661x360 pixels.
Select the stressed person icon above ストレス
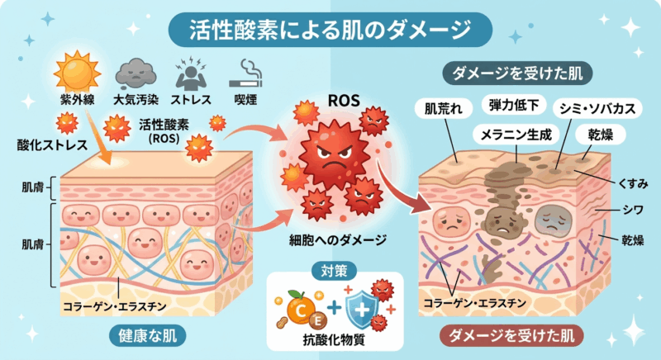(193, 73)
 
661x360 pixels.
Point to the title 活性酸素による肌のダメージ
(330, 30)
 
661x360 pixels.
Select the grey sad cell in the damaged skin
(552, 219)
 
